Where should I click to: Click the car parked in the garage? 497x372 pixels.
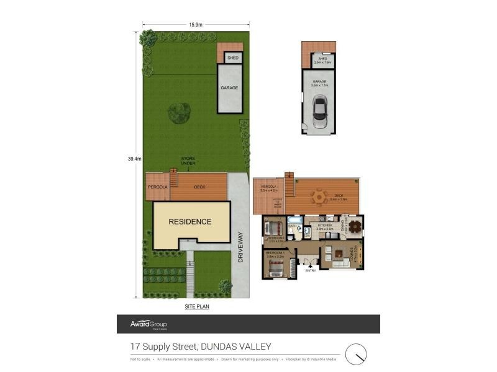320,112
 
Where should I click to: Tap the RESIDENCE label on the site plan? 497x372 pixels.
191,221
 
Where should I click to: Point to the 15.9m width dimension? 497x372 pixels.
196,25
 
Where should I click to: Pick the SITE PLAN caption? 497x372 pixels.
197,306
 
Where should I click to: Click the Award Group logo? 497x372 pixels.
148,324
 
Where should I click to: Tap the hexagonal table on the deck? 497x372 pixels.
319,197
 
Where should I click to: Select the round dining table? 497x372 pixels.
355,226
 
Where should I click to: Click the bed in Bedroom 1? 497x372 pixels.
275,268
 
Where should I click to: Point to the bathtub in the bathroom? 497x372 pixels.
294,219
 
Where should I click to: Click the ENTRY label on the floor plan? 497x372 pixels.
311,270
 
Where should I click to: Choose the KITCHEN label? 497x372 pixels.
325,225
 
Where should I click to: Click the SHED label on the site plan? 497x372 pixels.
233,58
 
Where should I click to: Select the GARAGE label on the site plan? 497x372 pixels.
229,88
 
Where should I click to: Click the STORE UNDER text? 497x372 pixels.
188,161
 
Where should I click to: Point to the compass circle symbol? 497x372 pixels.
356,355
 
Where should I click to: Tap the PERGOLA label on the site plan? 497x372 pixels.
157,187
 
